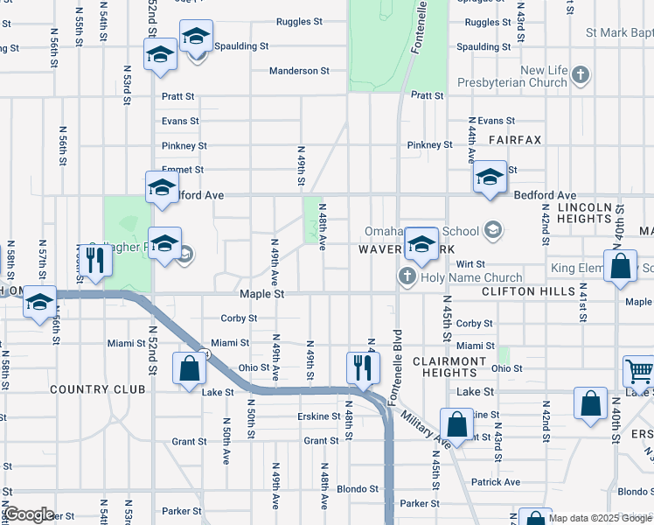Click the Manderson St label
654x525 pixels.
(299, 71)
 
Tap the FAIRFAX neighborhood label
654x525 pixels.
(515, 140)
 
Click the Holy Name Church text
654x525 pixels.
(463, 278)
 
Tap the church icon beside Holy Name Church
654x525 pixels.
(407, 278)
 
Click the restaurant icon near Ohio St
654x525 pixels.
(363, 367)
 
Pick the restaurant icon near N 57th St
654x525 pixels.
(95, 260)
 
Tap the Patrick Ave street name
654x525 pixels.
(495, 482)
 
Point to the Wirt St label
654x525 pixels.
(470, 263)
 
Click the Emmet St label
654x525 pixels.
(182, 170)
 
